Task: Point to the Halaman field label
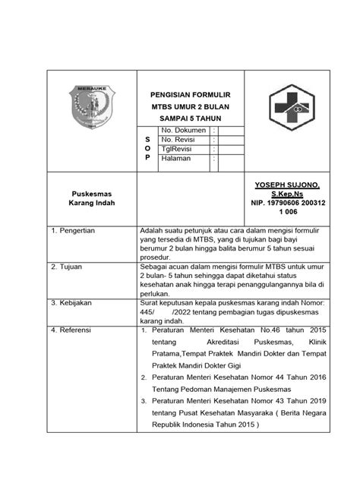(x=178, y=159)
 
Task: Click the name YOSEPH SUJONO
(x=283, y=185)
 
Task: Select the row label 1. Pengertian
(x=72, y=229)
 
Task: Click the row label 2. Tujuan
(x=67, y=267)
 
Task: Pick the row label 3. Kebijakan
(x=71, y=302)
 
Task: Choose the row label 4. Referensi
(x=71, y=330)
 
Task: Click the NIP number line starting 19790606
(x=282, y=204)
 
